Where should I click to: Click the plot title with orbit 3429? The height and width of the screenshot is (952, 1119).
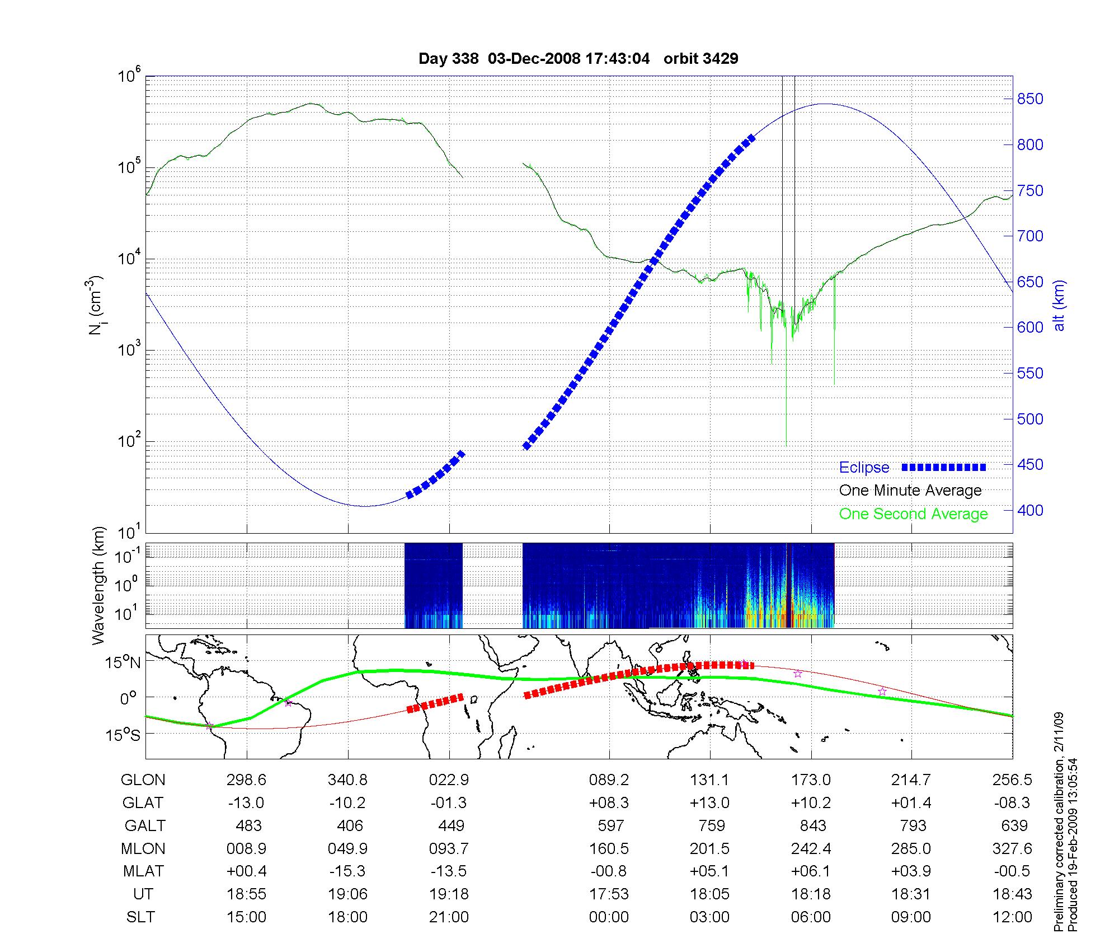pyautogui.click(x=578, y=58)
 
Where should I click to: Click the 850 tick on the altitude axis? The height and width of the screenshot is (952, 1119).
pyautogui.click(x=1030, y=99)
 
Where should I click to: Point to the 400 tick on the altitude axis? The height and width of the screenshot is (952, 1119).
pyautogui.click(x=1030, y=510)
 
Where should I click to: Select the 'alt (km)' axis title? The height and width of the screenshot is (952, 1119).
pyautogui.click(x=1059, y=305)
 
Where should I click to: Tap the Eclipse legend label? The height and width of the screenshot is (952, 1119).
pyautogui.click(x=864, y=468)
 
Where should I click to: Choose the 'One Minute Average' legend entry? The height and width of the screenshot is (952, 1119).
pyautogui.click(x=910, y=491)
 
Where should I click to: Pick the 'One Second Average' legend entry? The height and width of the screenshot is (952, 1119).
pyautogui.click(x=913, y=514)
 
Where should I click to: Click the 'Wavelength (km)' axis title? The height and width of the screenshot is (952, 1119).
pyautogui.click(x=99, y=586)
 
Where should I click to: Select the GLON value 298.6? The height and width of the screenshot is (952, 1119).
pyautogui.click(x=246, y=780)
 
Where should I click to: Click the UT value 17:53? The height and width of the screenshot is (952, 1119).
pyautogui.click(x=609, y=894)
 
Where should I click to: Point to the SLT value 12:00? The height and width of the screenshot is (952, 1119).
pyautogui.click(x=1012, y=917)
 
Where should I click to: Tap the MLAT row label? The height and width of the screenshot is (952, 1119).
pyautogui.click(x=143, y=871)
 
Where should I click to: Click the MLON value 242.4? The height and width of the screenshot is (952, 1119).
pyautogui.click(x=811, y=848)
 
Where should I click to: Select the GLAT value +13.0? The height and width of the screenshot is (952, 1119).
pyautogui.click(x=709, y=802)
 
